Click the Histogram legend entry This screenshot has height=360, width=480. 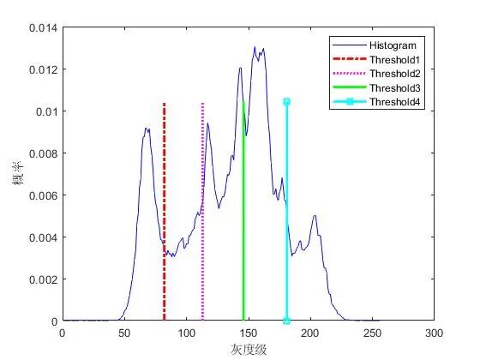(x=393, y=45)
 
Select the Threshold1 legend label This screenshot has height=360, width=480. (x=394, y=60)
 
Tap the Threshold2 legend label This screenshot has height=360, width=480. (x=394, y=74)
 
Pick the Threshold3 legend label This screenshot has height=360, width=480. (x=394, y=87)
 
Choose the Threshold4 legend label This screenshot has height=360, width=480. (x=394, y=102)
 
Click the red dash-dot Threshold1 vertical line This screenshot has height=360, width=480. (x=165, y=212)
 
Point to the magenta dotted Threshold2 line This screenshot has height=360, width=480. (x=202, y=212)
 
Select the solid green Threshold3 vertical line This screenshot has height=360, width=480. (x=243, y=211)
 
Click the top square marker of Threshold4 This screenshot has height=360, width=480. (x=286, y=102)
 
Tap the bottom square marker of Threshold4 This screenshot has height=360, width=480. (x=286, y=321)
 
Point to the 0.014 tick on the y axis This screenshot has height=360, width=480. (x=43, y=27)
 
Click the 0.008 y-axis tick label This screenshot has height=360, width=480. (x=43, y=153)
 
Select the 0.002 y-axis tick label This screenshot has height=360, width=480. (x=43, y=279)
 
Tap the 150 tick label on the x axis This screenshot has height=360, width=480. (x=248, y=333)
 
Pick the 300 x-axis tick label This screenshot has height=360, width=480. (x=434, y=333)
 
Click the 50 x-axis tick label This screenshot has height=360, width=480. (x=124, y=333)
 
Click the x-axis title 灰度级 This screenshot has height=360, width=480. (x=249, y=350)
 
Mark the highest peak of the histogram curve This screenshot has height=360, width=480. (x=255, y=47)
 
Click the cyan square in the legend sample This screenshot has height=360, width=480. (x=350, y=102)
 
